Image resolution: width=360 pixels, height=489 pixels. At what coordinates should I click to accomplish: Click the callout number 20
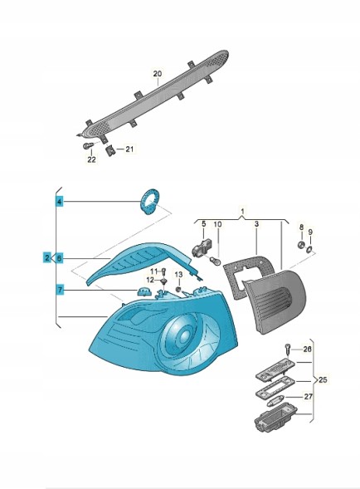pos(158,74)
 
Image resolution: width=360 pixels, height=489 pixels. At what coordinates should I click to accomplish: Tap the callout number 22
pos(91,159)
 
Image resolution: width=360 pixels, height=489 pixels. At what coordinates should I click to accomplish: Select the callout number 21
pos(129,149)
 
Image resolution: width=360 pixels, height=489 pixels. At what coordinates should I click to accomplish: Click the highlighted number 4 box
pos(60,202)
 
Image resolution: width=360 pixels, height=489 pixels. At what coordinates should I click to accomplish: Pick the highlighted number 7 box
pos(60,290)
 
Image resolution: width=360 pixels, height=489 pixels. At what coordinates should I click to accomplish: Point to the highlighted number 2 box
pos(46,258)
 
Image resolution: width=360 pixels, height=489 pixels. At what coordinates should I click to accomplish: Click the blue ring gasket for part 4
pos(150,201)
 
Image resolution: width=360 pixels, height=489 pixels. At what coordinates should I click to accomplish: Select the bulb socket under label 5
pos(202,247)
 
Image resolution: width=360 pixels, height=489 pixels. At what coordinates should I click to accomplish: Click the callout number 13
pos(178,275)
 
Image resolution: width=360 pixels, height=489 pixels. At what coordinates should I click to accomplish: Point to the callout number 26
pos(307,349)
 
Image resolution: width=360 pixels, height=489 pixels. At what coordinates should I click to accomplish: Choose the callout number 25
pos(324,379)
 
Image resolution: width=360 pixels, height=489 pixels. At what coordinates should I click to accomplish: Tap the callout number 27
pos(309,397)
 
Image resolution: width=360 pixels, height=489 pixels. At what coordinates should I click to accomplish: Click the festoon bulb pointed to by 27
pos(274,401)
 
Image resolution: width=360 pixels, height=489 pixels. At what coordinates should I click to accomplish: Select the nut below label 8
pos(301,244)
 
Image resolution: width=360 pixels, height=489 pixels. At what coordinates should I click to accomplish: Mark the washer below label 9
pos(309,249)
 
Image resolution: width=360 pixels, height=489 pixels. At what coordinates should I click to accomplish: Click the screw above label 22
pos(89,145)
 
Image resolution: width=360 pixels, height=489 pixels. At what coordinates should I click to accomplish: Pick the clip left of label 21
pos(110,151)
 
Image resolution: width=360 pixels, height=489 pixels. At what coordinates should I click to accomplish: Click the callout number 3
pos(256,224)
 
